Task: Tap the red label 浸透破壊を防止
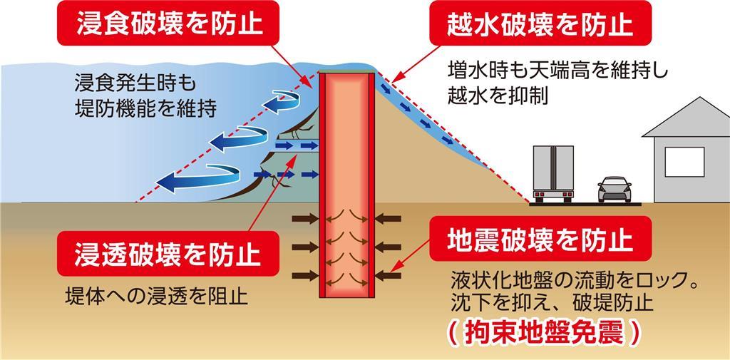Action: coord(168,254)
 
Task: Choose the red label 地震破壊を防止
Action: coord(540,239)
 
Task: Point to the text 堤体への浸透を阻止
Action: coord(156,296)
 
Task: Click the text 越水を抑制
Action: coord(498,96)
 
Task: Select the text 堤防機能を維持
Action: coord(145,110)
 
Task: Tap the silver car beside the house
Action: coord(615,189)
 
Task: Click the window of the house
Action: coord(684,162)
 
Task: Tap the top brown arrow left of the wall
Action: coord(305,218)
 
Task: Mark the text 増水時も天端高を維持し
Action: coord(557,72)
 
